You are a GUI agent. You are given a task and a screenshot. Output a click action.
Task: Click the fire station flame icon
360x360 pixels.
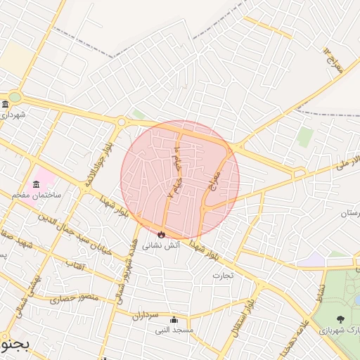[x=161, y=234]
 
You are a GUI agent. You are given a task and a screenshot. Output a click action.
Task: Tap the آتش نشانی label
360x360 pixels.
[x=161, y=246]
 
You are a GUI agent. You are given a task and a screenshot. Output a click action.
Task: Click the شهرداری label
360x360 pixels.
[x=13, y=114]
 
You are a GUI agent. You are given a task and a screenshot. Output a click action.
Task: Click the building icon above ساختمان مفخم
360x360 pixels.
[x=36, y=184]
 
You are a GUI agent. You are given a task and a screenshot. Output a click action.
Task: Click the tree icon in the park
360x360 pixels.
[x=340, y=319]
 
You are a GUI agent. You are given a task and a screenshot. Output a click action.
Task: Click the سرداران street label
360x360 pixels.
[x=146, y=316]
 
